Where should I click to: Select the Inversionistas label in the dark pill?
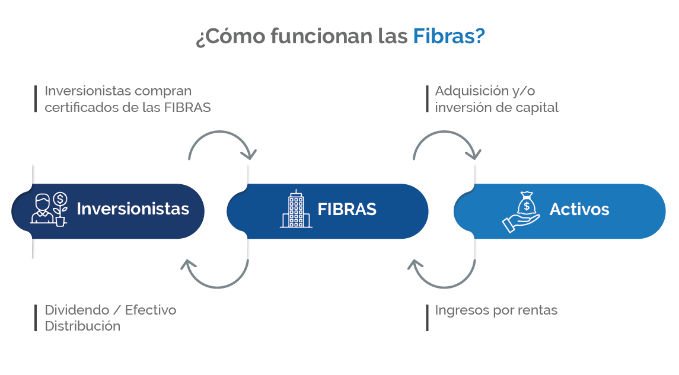pos(133,209)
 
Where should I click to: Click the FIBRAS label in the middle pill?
pos(347,210)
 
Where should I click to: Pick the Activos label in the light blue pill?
pos(579,209)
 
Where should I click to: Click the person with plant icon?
pos(49,209)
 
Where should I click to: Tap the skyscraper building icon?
pos(296,209)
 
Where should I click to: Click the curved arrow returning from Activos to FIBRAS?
pos(443,277)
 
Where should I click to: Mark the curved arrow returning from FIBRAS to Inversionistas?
pos(214,277)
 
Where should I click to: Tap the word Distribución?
pos(82,326)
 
